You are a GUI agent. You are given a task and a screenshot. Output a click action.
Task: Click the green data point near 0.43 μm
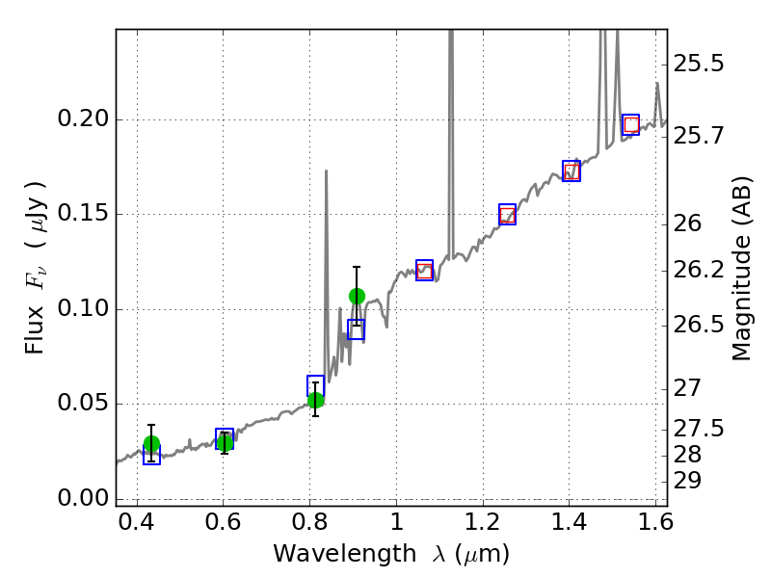(151, 444)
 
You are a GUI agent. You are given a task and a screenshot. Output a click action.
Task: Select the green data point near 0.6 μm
(225, 443)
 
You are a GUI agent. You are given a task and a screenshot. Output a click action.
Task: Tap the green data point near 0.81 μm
(315, 400)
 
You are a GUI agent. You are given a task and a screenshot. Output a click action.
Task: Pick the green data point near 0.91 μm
(357, 296)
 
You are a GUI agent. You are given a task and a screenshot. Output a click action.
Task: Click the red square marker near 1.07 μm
(424, 271)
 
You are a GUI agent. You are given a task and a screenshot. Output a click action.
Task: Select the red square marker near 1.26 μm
(507, 215)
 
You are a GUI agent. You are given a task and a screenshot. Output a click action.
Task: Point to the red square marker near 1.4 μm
(572, 171)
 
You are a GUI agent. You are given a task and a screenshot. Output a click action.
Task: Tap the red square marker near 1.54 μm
(631, 124)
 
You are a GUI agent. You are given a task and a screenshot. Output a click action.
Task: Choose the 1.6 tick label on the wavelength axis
(654, 526)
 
